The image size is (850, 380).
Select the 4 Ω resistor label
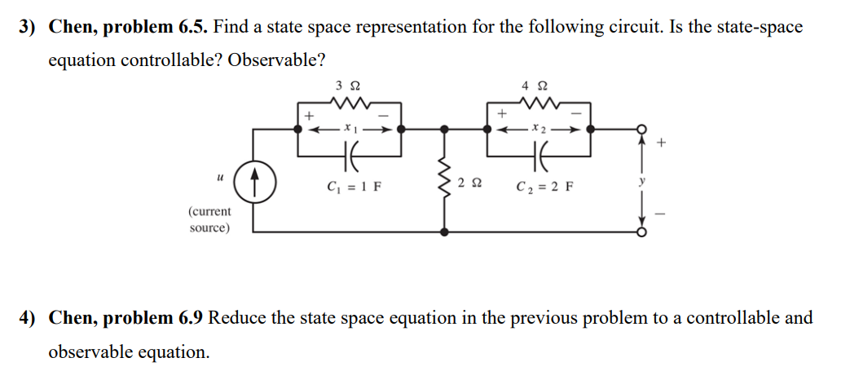click(x=539, y=85)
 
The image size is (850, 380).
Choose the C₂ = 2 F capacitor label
click(x=545, y=185)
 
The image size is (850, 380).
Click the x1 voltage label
click(x=349, y=127)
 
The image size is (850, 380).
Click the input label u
click(x=220, y=175)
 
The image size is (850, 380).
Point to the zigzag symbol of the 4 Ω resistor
click(x=539, y=103)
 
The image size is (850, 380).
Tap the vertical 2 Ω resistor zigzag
click(x=444, y=179)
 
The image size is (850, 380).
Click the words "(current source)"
click(x=209, y=219)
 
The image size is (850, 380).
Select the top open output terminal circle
click(x=641, y=129)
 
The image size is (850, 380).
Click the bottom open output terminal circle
click(x=641, y=232)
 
